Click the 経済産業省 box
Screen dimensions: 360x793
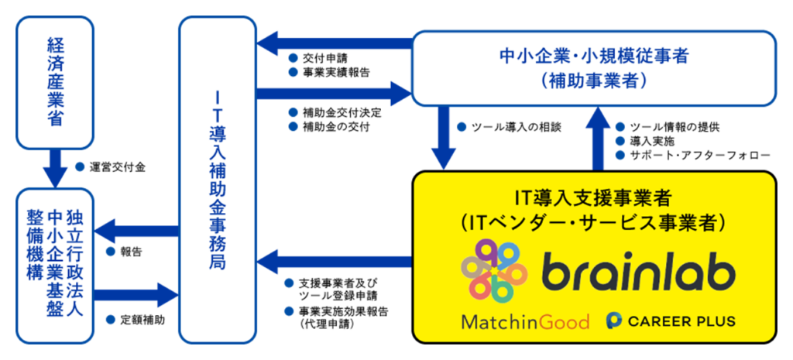[55, 83]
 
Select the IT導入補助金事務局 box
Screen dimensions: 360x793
[218, 180]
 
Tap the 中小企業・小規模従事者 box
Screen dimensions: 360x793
[593, 67]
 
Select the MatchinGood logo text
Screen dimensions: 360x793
[525, 321]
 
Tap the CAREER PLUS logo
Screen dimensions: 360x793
[671, 321]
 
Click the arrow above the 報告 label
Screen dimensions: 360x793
[137, 229]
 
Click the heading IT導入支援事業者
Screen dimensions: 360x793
[593, 196]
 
